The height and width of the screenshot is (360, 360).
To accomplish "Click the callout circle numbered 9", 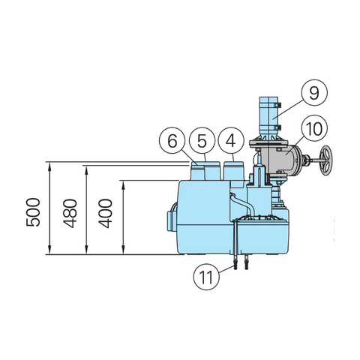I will tap(313, 93).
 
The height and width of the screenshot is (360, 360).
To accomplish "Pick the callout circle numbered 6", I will tap(172, 140).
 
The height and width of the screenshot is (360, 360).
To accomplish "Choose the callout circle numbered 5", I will tap(201, 140).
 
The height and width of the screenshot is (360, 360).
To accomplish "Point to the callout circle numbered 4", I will tap(231, 140).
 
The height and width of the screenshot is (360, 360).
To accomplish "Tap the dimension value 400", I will tap(104, 215).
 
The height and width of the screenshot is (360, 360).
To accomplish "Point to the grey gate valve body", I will tap(283, 160).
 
